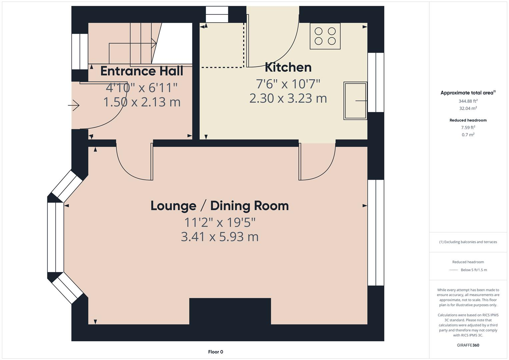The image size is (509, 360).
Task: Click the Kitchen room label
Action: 288,67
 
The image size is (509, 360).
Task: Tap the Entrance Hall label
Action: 142,71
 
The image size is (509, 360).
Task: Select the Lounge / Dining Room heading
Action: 220,206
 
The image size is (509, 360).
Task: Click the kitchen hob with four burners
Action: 325,36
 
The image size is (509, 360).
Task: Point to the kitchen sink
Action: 355,101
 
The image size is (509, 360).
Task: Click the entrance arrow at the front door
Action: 74,106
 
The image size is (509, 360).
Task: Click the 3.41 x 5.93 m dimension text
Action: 220,237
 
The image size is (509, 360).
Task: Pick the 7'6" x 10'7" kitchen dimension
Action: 288,84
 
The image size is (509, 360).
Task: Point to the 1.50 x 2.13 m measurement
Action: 142,102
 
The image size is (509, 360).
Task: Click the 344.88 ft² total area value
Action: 468,101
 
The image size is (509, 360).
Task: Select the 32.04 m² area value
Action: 468,108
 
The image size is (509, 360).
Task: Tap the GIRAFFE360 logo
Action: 468,345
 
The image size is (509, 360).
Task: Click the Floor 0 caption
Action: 215,352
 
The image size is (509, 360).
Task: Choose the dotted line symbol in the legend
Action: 454,270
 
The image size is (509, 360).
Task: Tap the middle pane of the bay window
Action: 55,237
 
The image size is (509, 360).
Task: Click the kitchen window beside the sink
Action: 376,82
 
